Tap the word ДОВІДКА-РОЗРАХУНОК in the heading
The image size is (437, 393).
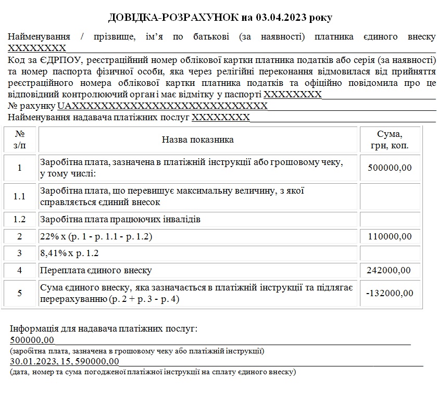tap(173, 18)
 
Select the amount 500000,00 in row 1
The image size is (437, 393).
tap(390, 168)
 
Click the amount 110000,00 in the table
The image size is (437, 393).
tap(390, 236)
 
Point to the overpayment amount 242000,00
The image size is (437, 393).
tap(390, 270)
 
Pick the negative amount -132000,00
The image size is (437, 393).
tap(389, 293)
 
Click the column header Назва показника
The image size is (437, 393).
tap(198, 140)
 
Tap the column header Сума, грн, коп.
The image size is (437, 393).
tap(390, 140)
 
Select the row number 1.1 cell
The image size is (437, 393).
tap(20, 196)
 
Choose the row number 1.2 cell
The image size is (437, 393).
tap(20, 219)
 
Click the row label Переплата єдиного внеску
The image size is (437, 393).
tap(96, 270)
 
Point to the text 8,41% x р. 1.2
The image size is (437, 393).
tap(69, 253)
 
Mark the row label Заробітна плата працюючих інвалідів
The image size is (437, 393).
tap(120, 219)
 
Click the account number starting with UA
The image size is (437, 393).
tap(162, 106)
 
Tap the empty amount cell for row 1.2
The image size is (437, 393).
tap(390, 219)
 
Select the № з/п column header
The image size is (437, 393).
tap(20, 140)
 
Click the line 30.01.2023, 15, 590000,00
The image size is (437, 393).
tap(65, 362)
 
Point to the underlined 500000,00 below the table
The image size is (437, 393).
tap(32, 340)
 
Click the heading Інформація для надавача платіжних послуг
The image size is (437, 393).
tap(104, 329)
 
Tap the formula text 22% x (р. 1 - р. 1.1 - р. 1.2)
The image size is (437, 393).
tap(96, 236)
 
